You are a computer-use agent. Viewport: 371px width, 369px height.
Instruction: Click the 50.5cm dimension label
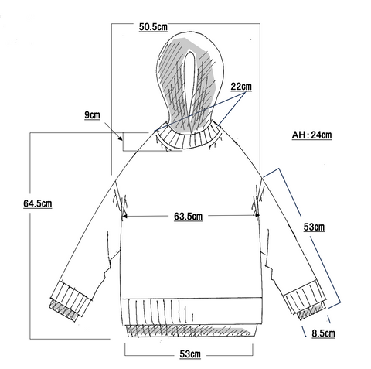153,27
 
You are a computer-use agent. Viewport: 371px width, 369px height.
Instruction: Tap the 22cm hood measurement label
241,87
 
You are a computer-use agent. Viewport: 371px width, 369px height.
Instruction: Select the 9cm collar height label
92,115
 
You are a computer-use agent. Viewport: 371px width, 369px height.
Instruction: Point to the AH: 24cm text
311,135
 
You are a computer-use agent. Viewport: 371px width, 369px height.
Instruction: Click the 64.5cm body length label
38,203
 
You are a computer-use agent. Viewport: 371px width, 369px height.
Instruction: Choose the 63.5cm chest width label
188,216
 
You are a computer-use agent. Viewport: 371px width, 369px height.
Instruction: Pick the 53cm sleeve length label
314,227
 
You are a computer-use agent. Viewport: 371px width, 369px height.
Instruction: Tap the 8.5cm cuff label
323,333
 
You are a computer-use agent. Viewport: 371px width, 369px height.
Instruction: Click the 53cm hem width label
190,354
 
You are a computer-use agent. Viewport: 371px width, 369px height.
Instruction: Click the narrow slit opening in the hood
190,85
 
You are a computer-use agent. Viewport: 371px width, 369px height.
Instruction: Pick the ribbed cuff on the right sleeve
305,296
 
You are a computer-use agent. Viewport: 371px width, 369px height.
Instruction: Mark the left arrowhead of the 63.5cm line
124,216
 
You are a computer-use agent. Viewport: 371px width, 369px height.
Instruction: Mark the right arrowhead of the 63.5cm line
257,216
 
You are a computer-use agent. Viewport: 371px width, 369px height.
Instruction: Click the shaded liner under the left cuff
63,310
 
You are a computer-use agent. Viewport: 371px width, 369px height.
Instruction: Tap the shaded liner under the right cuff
311,311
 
